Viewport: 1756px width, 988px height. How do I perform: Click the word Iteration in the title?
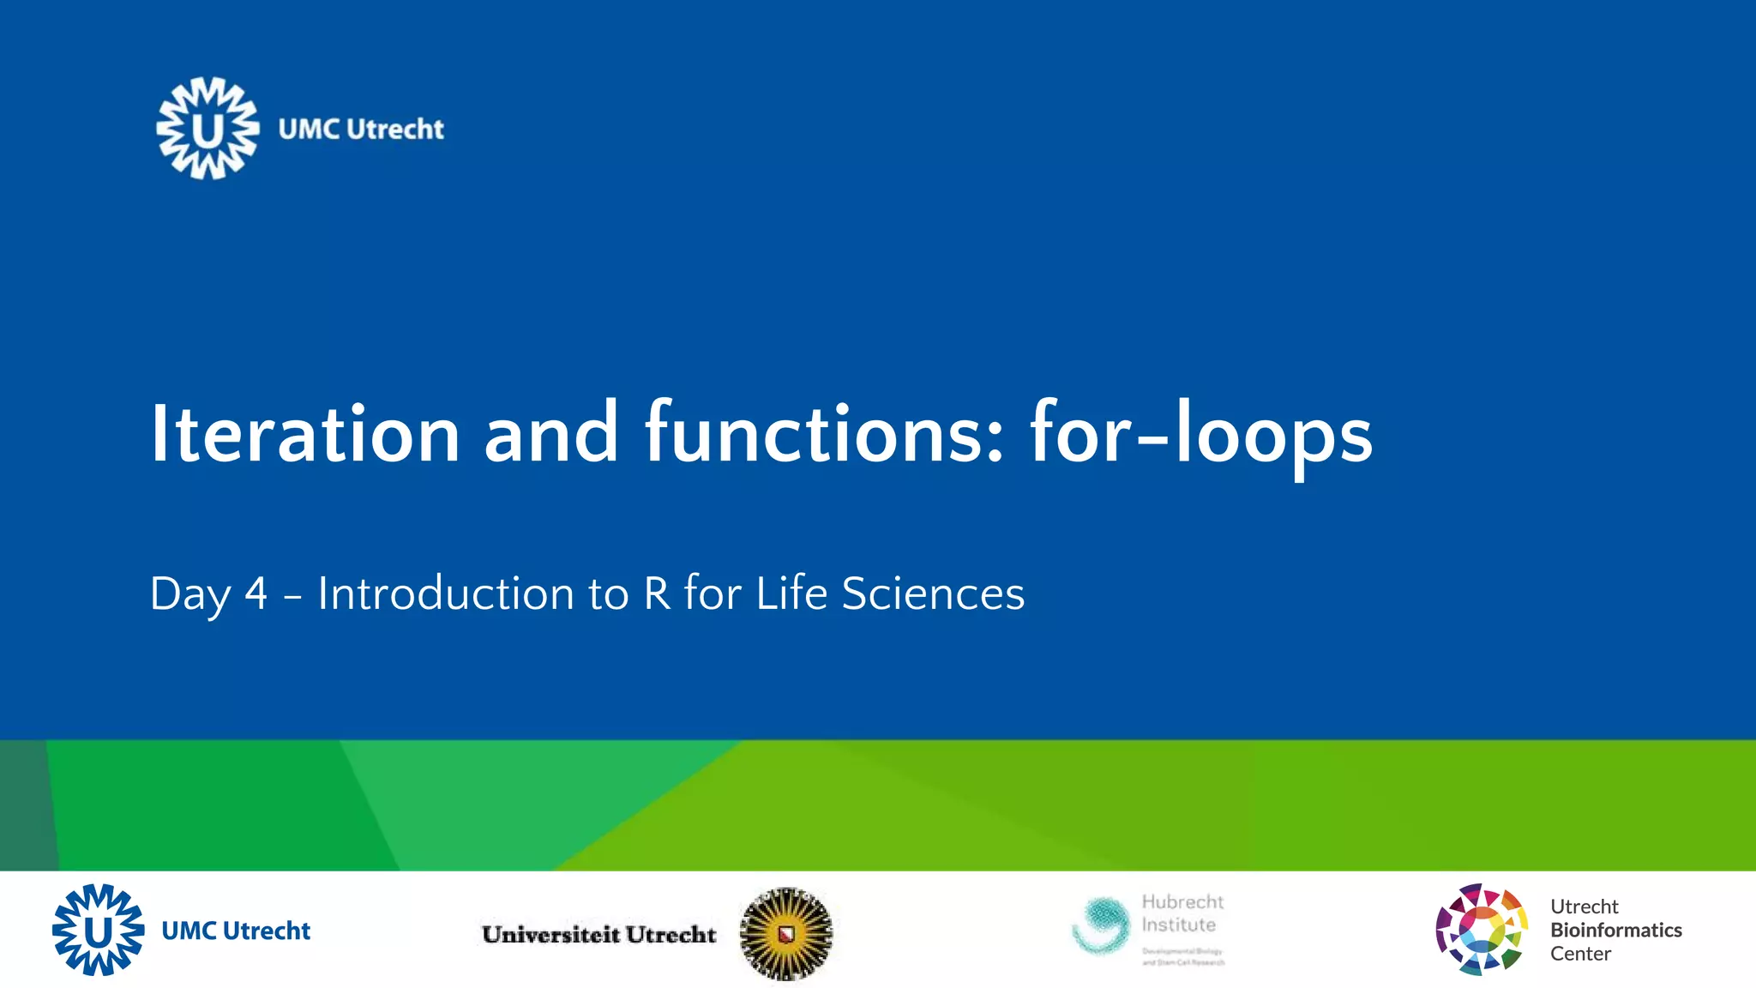(x=305, y=434)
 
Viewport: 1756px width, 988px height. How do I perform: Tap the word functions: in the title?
(x=823, y=434)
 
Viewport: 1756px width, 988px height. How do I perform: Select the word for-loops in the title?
(x=1200, y=434)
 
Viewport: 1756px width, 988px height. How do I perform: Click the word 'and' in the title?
(x=550, y=434)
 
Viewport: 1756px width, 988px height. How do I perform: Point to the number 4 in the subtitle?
(x=256, y=593)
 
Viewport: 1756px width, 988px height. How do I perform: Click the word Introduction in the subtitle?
(x=446, y=593)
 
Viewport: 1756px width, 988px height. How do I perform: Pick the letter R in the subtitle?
(x=657, y=593)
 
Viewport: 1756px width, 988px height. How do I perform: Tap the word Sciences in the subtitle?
(x=933, y=593)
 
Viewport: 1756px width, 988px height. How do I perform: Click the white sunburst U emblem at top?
(x=207, y=129)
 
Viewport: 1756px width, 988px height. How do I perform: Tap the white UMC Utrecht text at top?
(x=361, y=130)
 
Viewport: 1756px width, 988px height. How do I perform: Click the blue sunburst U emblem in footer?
(x=99, y=930)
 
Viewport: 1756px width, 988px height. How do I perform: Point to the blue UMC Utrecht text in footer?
(x=236, y=931)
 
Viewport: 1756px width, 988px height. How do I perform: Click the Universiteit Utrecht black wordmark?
(x=598, y=934)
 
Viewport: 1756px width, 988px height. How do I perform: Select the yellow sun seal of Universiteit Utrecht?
(x=785, y=933)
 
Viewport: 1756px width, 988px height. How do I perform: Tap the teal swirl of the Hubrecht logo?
(x=1102, y=925)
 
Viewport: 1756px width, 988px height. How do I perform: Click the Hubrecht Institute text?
(x=1182, y=913)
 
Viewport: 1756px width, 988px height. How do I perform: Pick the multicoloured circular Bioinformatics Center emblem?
(x=1481, y=929)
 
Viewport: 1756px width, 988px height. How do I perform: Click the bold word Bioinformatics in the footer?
(x=1615, y=930)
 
